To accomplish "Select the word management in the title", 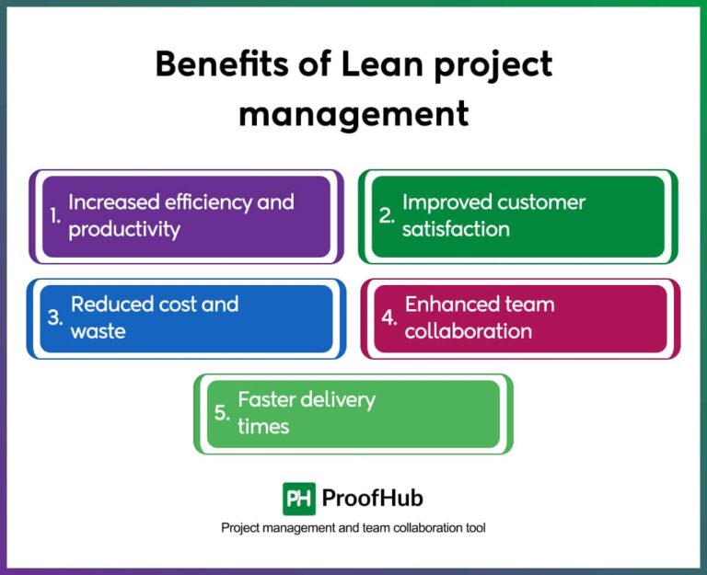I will pyautogui.click(x=353, y=113).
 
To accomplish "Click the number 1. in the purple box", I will pyautogui.click(x=55, y=216).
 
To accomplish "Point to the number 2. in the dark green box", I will pyautogui.click(x=388, y=216).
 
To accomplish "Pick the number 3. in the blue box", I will pyautogui.click(x=55, y=318).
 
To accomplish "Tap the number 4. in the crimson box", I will pyautogui.click(x=389, y=318).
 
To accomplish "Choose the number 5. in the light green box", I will pyautogui.click(x=222, y=412).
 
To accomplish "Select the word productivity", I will pyautogui.click(x=124, y=229).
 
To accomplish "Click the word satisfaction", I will pyautogui.click(x=456, y=229).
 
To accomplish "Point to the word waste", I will pyautogui.click(x=98, y=331).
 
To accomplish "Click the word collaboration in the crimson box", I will pyautogui.click(x=469, y=331).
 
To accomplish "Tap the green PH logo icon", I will pyautogui.click(x=299, y=499).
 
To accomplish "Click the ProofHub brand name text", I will pyautogui.click(x=373, y=499).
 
